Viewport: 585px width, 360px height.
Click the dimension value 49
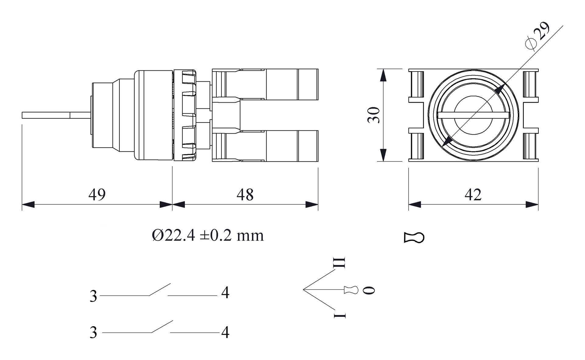click(x=97, y=194)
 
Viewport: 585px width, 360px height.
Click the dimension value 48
click(x=245, y=194)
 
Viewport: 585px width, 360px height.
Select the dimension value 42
click(x=473, y=194)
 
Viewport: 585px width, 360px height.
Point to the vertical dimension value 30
click(x=374, y=115)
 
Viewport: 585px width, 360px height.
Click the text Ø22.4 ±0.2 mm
click(x=208, y=235)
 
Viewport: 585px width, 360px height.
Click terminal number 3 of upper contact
click(x=93, y=296)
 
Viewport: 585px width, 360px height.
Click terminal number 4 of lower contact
click(x=225, y=332)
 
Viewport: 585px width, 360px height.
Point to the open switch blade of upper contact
click(x=160, y=290)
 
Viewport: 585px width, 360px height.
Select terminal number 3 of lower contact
click(x=93, y=332)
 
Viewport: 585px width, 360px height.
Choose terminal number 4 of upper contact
click(x=225, y=293)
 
